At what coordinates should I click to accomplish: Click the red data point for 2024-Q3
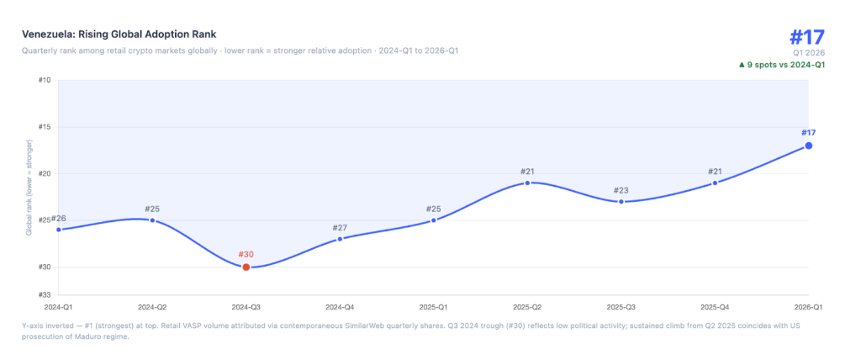[x=246, y=267]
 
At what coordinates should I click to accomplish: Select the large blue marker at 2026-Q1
[x=809, y=146]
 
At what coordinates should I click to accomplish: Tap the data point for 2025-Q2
[x=527, y=183]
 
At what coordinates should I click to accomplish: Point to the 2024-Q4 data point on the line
[x=340, y=239]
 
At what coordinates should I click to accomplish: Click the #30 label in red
[x=246, y=254]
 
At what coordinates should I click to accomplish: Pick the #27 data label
[x=340, y=227]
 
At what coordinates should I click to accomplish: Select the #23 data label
[x=621, y=190]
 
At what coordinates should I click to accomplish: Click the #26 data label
[x=58, y=219]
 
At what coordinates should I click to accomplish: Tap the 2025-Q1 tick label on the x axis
[x=434, y=308]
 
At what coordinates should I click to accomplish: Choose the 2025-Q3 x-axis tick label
[x=621, y=308]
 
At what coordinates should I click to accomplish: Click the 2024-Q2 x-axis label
[x=152, y=308]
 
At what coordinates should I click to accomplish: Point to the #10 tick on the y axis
[x=45, y=80]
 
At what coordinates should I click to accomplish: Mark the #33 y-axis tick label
[x=45, y=294]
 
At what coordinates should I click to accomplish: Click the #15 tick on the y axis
[x=45, y=127]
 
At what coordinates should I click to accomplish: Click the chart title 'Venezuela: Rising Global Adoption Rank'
[x=119, y=34]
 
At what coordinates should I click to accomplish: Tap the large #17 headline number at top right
[x=807, y=37]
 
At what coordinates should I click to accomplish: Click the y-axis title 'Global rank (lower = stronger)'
[x=29, y=188]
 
